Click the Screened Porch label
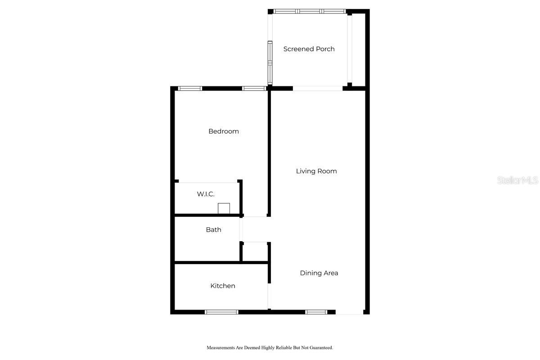(309, 49)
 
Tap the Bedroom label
(223, 131)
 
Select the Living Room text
(316, 171)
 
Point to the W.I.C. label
(205, 194)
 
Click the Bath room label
(213, 229)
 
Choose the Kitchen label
(222, 286)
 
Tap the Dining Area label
(319, 273)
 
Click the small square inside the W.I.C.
(224, 208)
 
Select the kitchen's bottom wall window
(221, 312)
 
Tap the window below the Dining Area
(316, 312)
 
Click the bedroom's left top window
(190, 89)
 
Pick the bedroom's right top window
(254, 89)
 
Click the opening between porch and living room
(318, 89)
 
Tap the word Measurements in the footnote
(220, 348)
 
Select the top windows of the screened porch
(310, 11)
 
